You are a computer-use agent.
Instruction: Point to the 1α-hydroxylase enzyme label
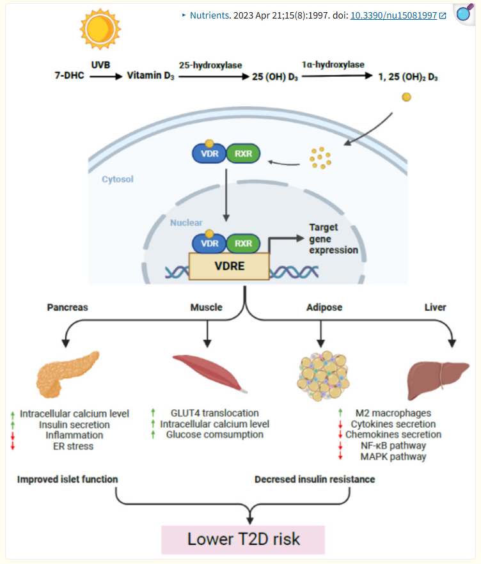(x=333, y=65)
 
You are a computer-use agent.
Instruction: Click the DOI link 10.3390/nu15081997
(x=393, y=15)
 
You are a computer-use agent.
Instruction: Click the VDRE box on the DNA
(x=228, y=266)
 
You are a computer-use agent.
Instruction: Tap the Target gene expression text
(x=333, y=239)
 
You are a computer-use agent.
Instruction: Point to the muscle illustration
(x=208, y=372)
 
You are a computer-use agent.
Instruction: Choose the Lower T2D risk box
(x=243, y=539)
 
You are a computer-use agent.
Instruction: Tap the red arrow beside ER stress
(x=12, y=446)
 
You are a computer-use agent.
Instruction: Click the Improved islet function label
(x=67, y=479)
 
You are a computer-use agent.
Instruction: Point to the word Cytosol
(x=118, y=180)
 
